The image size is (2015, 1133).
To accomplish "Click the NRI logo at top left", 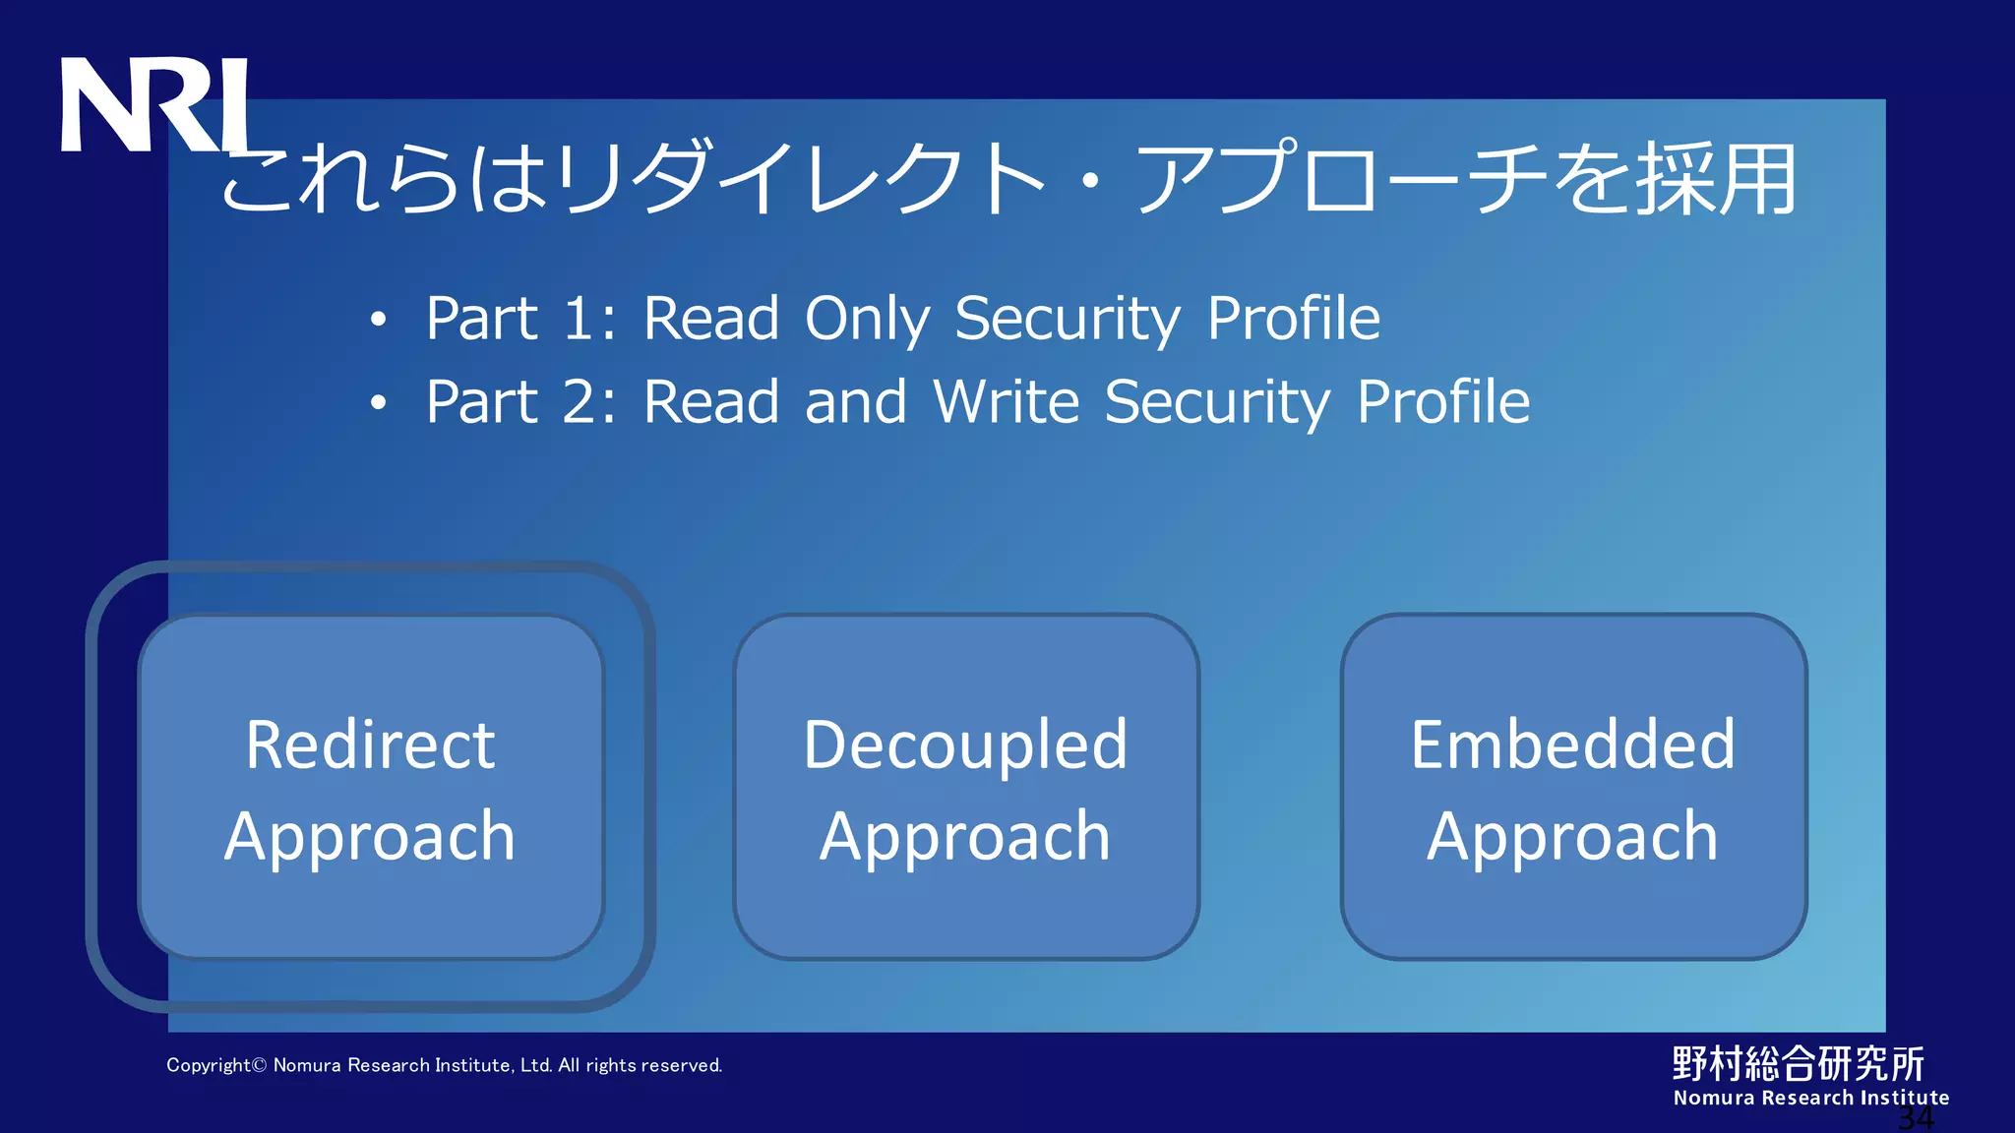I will coord(155,104).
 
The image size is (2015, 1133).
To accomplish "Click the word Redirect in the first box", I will coord(370,745).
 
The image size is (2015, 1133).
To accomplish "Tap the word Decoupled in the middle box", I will coord(965,745).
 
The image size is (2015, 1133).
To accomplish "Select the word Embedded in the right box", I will coord(1572,745).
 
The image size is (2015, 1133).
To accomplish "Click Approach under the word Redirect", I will coord(370,837).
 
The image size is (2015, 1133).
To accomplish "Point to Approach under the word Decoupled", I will coord(965,837).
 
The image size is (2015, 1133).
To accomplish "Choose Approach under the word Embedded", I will coord(1572,837).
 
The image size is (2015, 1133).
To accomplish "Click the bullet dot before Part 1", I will coord(379,320).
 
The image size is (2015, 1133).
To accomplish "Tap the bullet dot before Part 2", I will coord(379,403).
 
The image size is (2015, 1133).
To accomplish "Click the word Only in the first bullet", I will coord(867,320).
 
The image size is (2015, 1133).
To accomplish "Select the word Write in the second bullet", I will coord(1007,402).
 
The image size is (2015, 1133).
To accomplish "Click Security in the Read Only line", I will coord(1068,320).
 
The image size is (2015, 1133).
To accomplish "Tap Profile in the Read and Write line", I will coord(1443,402).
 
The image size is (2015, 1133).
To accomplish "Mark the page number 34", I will coord(1915,1118).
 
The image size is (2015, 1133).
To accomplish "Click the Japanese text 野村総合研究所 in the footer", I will coord(1798,1063).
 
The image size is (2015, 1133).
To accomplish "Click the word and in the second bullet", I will coord(855,402).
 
